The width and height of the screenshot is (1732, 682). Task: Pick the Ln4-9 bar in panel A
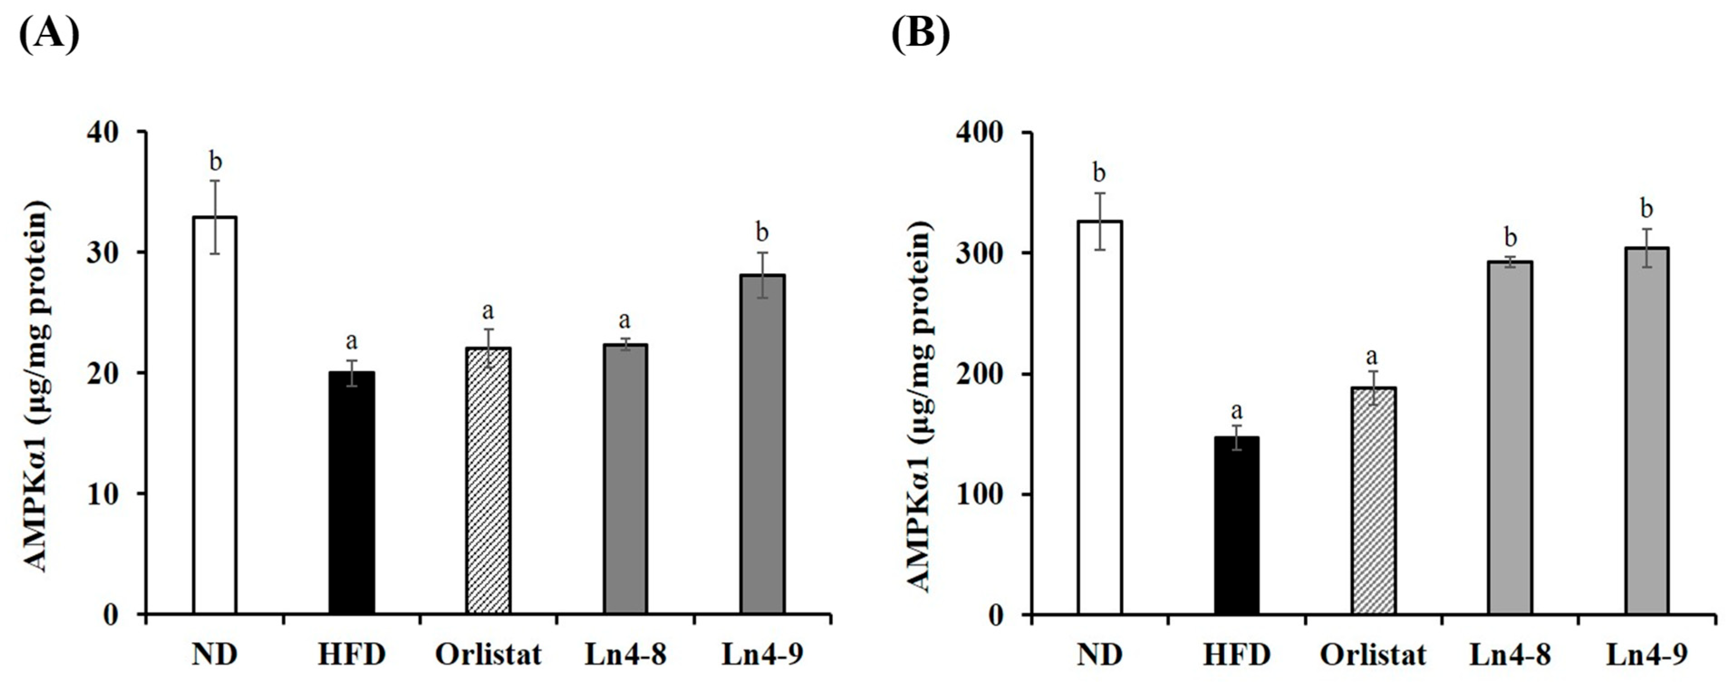[x=762, y=444]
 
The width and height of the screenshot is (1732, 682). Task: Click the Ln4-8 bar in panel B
[x=1510, y=438]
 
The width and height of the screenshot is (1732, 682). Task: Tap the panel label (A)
[x=48, y=34]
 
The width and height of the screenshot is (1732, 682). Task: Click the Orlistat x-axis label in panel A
[x=488, y=654]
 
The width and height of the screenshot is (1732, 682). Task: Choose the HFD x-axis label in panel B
[x=1236, y=654]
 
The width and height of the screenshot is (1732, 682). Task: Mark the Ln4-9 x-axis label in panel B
[x=1646, y=654]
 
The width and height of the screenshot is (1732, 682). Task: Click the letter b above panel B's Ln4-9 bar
[x=1646, y=209]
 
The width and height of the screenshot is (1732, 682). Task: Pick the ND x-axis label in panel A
[x=215, y=654]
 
